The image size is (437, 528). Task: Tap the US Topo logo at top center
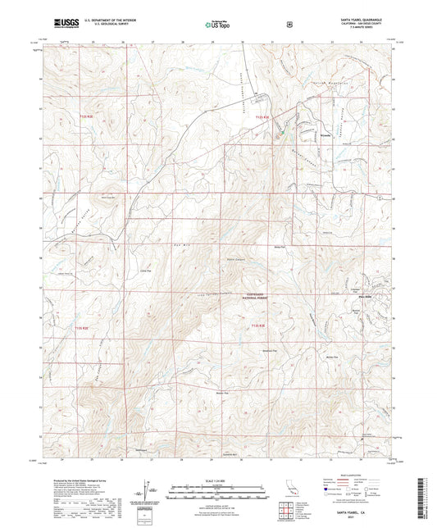[x=216, y=25]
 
